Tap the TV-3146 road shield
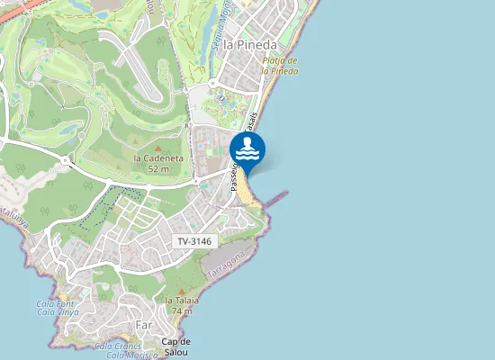[194, 241]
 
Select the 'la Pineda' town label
[249, 43]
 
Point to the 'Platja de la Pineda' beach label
[280, 66]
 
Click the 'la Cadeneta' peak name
[158, 157]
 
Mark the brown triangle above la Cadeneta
[158, 147]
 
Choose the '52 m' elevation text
[158, 168]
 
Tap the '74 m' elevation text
[182, 310]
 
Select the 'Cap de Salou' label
[176, 346]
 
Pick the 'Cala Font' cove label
[54, 303]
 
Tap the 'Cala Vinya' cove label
[58, 312]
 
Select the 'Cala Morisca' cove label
[127, 355]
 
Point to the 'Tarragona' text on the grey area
[225, 265]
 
